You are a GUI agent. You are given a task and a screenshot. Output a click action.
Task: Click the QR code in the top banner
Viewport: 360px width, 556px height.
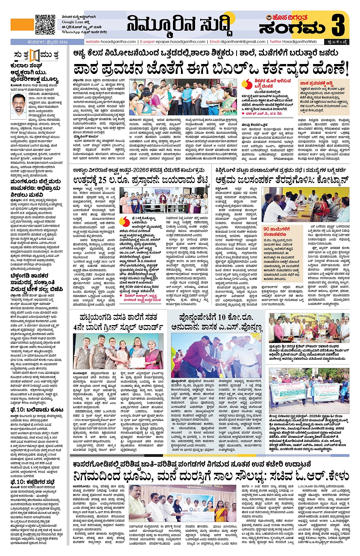(45, 24)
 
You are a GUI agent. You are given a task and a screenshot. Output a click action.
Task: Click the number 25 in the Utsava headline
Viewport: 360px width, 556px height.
(102, 180)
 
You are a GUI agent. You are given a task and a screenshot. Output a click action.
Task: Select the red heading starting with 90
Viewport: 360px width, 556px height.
(277, 231)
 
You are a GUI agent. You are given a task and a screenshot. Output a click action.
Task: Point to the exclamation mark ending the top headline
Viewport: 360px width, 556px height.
(347, 69)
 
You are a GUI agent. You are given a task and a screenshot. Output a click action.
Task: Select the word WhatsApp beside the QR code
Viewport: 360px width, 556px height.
(71, 32)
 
